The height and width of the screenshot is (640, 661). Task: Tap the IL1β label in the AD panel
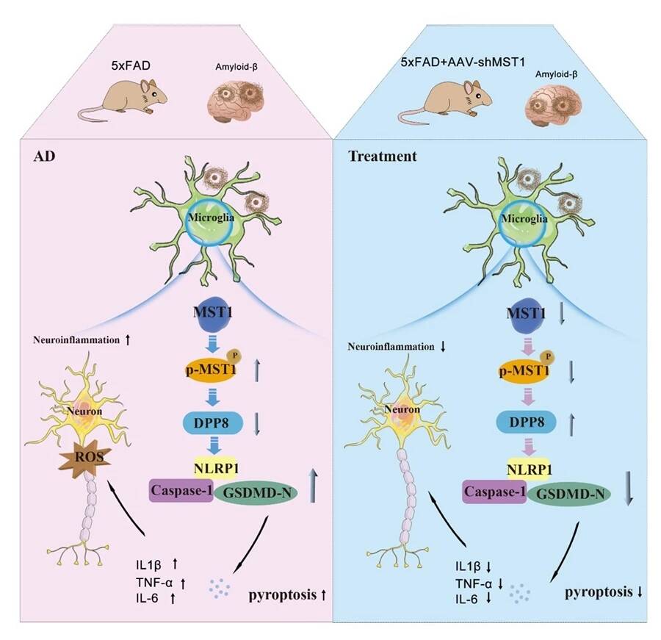click(149, 564)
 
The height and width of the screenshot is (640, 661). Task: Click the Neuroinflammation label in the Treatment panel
click(397, 346)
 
